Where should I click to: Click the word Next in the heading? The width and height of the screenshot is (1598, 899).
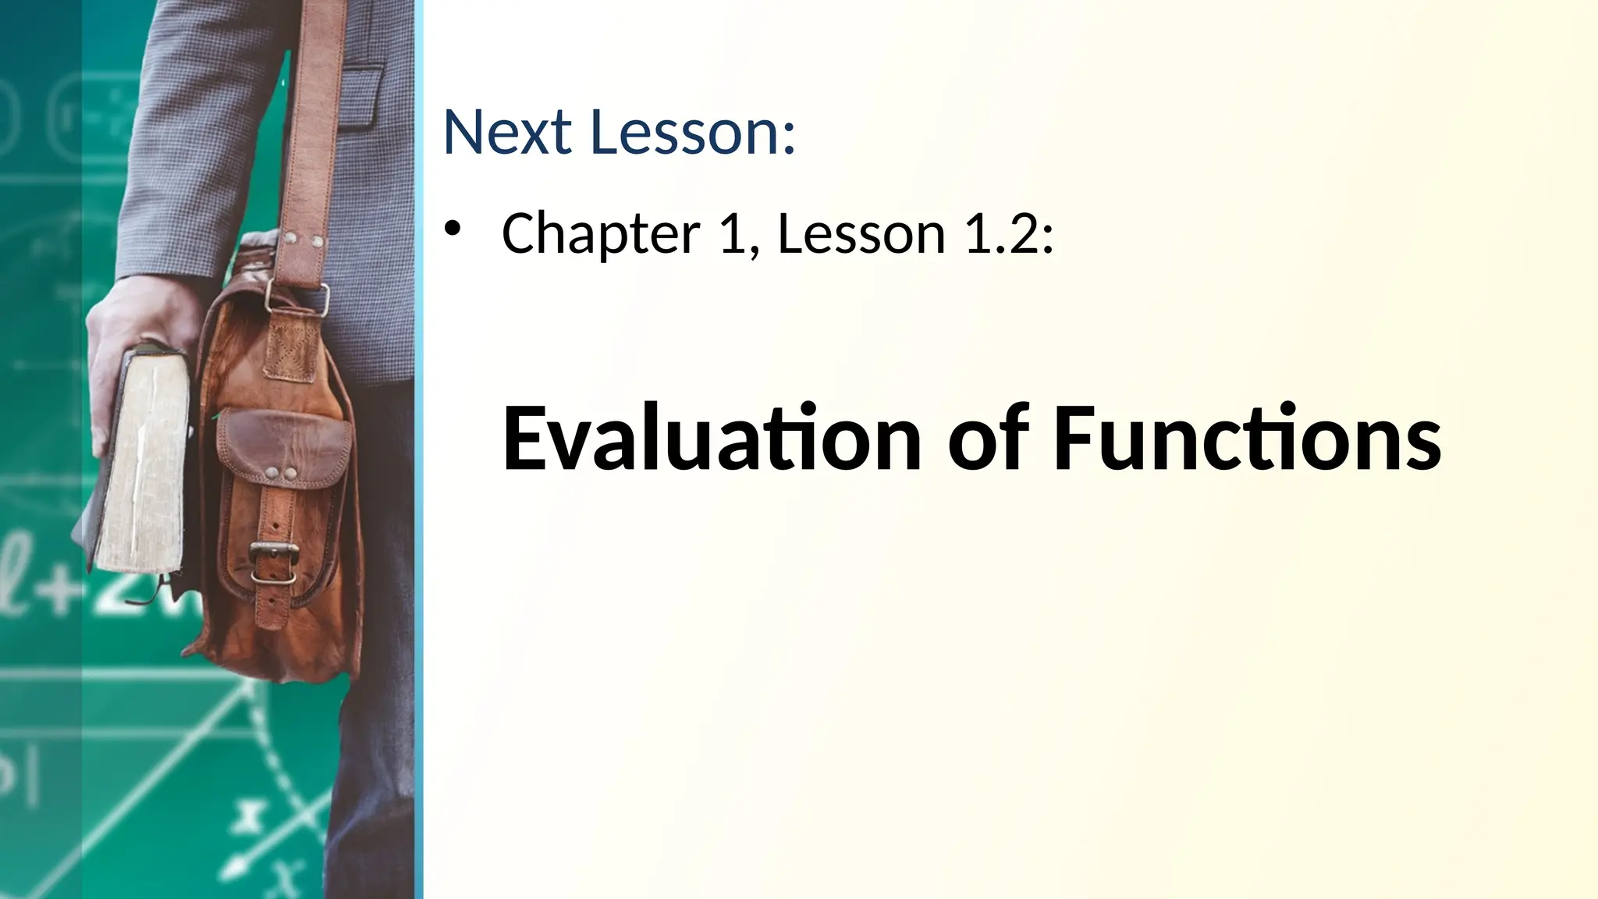pyautogui.click(x=507, y=132)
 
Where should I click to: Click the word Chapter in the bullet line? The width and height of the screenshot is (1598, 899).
pyautogui.click(x=601, y=233)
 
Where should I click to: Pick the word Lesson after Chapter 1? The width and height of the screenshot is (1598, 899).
pyautogui.click(x=861, y=233)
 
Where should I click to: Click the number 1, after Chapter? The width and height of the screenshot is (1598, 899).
pyautogui.click(x=737, y=233)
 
